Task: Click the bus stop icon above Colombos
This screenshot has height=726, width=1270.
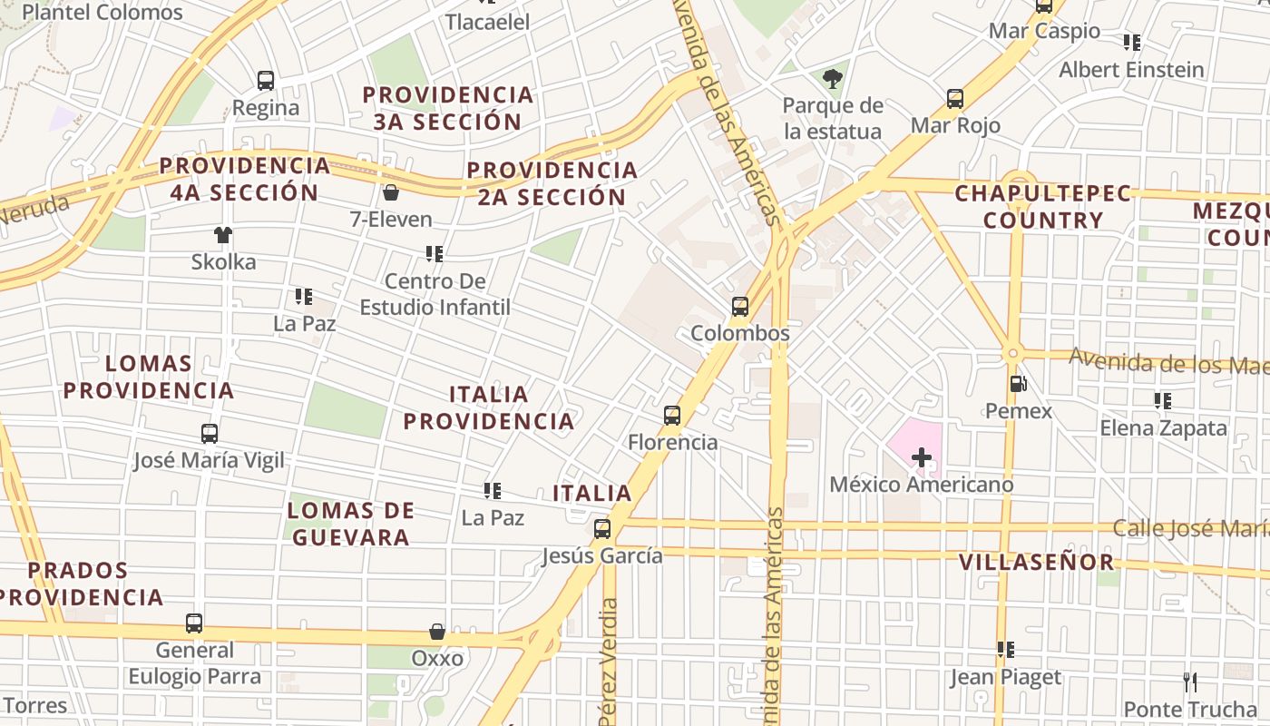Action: point(740,307)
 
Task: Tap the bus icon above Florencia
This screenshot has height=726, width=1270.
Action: point(672,416)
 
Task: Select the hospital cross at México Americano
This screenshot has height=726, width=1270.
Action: point(921,457)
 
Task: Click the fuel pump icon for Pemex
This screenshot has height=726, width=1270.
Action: point(1019,384)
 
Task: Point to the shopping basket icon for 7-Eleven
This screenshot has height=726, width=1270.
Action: point(391,192)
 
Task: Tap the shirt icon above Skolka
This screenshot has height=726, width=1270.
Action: point(223,235)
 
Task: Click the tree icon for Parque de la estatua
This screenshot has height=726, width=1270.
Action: point(833,79)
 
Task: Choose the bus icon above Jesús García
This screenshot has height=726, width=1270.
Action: point(602,529)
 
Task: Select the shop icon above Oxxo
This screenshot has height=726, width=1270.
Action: point(437,632)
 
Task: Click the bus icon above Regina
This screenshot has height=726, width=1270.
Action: point(266,81)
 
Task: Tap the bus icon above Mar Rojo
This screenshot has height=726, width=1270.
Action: point(955,99)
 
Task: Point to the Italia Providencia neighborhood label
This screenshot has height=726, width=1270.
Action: point(489,407)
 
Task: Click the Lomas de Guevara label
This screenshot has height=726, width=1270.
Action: point(350,524)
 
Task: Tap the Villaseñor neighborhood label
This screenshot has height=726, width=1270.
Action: point(1037,562)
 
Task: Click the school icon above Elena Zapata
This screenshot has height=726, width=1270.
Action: point(1162,400)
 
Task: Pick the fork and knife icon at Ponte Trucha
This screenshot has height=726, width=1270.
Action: point(1190,682)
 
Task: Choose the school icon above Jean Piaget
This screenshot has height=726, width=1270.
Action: point(1005,650)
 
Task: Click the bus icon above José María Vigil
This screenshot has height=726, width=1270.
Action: point(210,434)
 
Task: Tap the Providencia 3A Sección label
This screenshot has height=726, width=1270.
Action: point(447,108)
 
